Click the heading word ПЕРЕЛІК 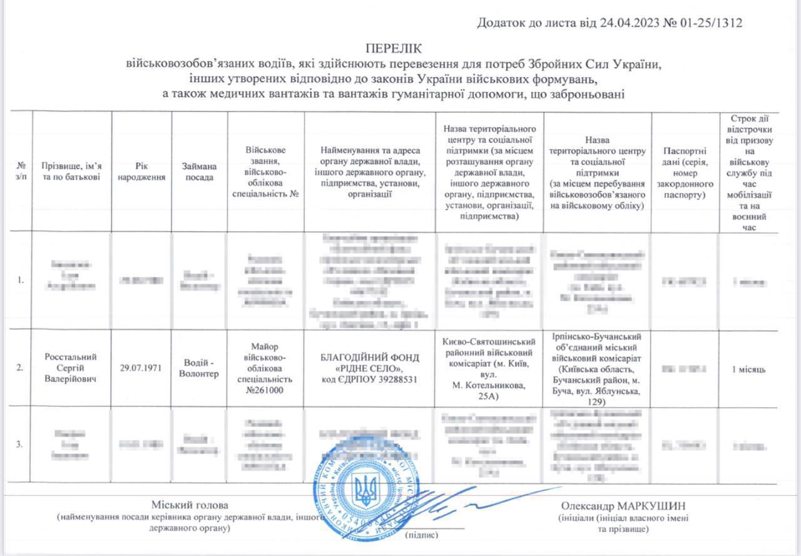pos(394,48)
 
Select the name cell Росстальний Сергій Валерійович pos(71,368)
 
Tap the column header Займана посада pos(200,171)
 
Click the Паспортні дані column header pos(685,171)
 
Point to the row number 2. pos(20,368)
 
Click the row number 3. pos(20,445)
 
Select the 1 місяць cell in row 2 pos(748,369)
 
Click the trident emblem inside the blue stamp pos(366,490)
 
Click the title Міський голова pos(190,505)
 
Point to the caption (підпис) pos(421,535)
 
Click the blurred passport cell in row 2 pos(685,369)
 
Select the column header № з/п pos(21,171)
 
